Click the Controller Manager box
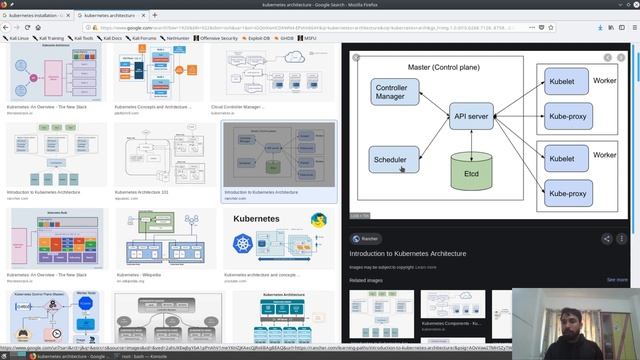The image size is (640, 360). click(x=392, y=94)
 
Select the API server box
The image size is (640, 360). click(x=469, y=117)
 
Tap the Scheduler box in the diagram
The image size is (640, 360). click(x=392, y=160)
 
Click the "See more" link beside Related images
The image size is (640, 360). click(x=617, y=280)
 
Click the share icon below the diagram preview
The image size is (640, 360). click(x=606, y=238)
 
